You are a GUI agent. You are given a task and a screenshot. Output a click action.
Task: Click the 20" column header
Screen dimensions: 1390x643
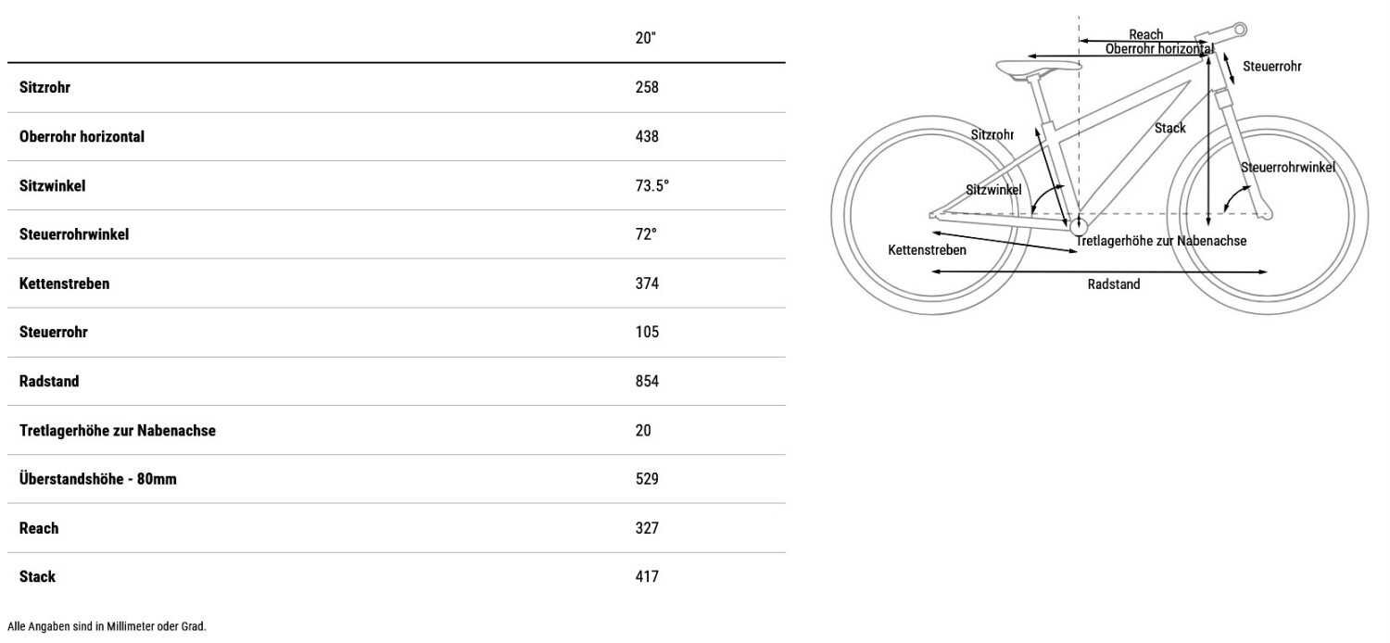pos(645,38)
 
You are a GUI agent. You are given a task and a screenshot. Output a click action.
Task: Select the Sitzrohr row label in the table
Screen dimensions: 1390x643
pos(44,87)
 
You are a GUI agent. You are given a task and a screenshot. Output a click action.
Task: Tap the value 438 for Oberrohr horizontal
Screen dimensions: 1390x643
pos(647,136)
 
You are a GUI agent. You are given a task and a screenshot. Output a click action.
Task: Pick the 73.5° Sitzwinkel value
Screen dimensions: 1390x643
pos(651,185)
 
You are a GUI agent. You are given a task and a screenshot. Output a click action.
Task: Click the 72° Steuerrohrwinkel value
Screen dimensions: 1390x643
pos(645,234)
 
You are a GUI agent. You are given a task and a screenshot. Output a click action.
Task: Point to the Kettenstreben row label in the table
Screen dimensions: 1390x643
pos(65,283)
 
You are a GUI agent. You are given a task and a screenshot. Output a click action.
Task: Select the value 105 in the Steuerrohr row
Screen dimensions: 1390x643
pos(647,332)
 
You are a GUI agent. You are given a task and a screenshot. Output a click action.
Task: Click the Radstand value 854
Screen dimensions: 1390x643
pos(647,381)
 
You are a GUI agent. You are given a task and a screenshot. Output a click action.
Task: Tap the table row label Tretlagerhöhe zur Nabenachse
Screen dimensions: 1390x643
pos(118,430)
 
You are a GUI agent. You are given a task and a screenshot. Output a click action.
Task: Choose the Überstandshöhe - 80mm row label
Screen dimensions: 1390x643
pos(98,478)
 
